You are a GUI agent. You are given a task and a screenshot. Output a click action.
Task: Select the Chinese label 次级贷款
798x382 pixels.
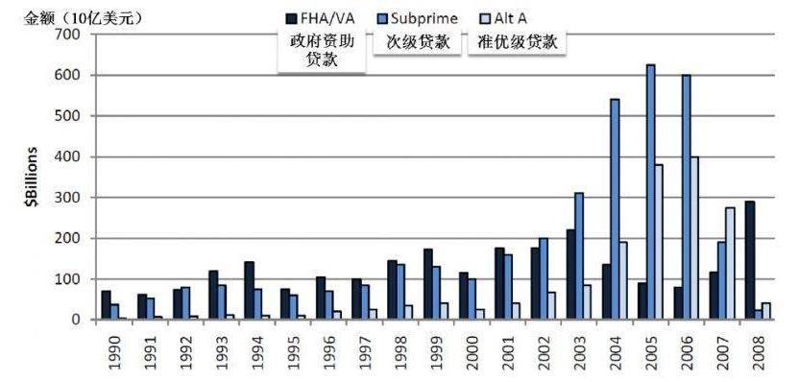419,43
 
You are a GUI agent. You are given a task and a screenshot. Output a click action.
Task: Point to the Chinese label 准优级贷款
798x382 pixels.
518,43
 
